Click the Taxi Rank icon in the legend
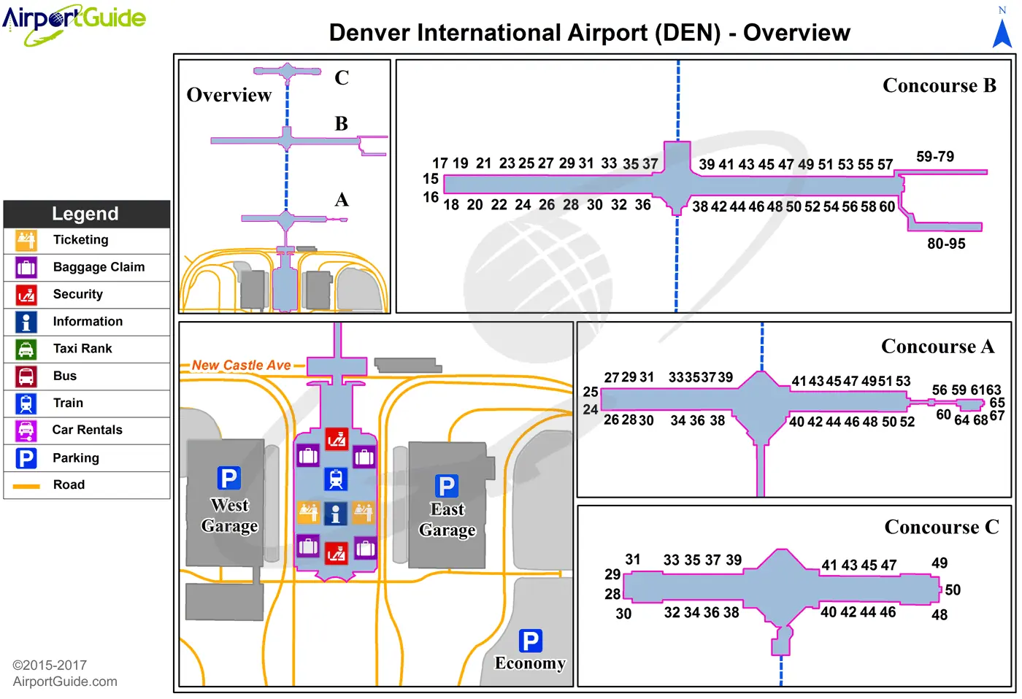(26, 349)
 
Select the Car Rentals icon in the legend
(26, 430)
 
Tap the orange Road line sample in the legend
(26, 485)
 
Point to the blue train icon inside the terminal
(336, 479)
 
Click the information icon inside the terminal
(335, 513)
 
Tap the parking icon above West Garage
(228, 479)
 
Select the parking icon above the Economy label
(531, 641)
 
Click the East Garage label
(447, 520)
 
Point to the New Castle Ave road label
(241, 365)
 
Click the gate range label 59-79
(935, 157)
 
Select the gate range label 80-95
(946, 244)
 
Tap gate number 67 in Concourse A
(997, 416)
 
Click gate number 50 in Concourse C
(953, 590)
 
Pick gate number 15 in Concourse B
(431, 179)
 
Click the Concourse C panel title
(941, 527)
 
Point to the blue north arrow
(1002, 34)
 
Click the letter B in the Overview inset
(341, 123)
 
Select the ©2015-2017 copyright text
(50, 665)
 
